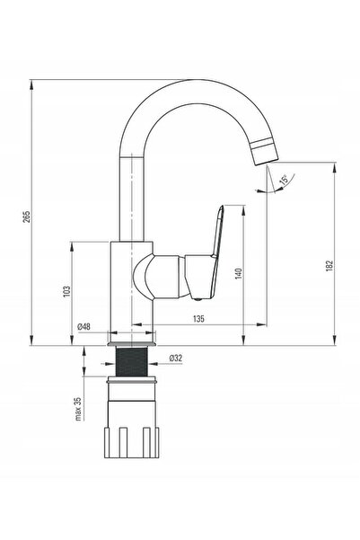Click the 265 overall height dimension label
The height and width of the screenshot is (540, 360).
point(27,217)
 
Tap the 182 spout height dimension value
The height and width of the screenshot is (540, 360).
point(329,266)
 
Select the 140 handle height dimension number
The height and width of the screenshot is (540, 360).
point(239,273)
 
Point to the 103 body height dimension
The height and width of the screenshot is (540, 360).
point(66,291)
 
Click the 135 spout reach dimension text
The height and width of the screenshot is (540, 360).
point(198,319)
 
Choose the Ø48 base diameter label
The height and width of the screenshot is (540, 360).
point(84,326)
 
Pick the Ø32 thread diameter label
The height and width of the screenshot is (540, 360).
point(176,359)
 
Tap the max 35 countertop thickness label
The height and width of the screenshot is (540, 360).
point(78,409)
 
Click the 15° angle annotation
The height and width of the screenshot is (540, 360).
point(284,180)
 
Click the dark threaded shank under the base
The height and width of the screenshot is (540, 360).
point(132,361)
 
